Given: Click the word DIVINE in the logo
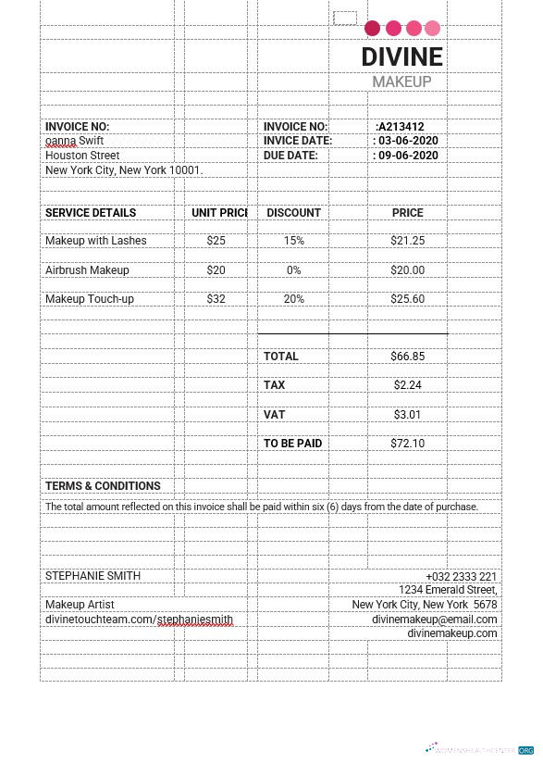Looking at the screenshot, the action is coord(402,57).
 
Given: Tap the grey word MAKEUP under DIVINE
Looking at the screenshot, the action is coord(401,82).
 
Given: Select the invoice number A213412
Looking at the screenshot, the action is coord(401,127).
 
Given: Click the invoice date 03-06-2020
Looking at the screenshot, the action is coord(406,141).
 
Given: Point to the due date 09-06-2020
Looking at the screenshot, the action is coord(406,156).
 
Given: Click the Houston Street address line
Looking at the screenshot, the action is coord(82,156).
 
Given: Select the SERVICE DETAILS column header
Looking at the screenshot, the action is coord(91,213).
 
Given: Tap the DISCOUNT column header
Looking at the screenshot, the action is coord(293,213).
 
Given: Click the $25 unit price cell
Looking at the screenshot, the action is coord(216,241).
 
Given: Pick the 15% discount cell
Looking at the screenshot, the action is coord(293,241).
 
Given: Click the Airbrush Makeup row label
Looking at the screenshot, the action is coord(87,270).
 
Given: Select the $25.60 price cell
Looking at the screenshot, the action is coord(407,299).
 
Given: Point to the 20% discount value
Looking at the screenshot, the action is coord(293,299).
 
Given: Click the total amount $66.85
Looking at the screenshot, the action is coord(407,357).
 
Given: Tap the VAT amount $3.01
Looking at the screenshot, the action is coord(407,414).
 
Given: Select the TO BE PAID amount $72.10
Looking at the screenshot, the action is coord(407,444).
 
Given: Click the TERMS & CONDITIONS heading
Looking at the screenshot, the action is coord(103,486).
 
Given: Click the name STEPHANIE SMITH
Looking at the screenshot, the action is coord(93,576).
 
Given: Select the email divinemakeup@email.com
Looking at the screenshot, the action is coord(435,620).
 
